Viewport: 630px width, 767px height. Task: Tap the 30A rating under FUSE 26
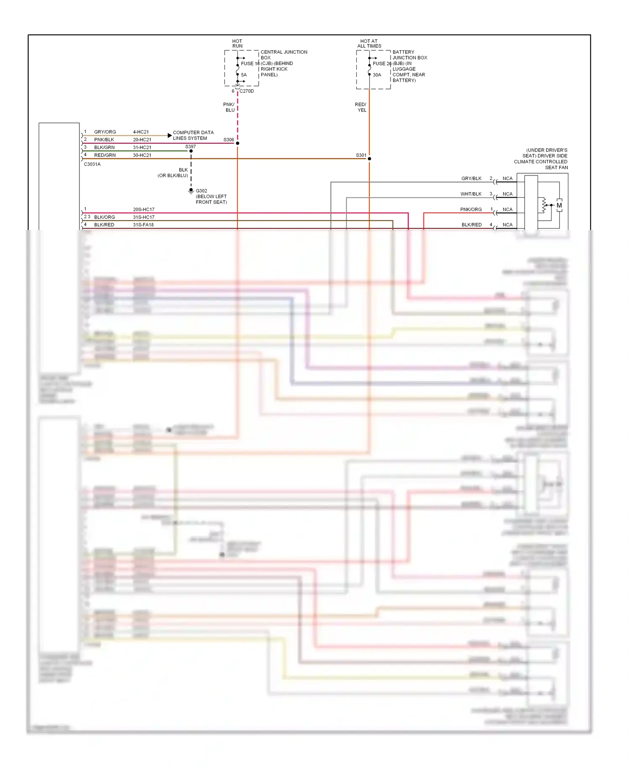377,75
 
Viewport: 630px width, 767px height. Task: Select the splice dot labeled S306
237,143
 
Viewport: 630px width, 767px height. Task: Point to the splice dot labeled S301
369,159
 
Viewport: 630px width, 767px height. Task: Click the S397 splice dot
191,151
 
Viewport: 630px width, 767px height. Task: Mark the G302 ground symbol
191,191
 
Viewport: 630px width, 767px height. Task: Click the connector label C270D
247,91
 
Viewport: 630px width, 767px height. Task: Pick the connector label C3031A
92,164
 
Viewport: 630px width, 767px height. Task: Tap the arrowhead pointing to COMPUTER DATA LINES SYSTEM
169,135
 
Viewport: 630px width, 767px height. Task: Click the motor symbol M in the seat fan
559,206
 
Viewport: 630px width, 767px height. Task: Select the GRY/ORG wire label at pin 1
105,132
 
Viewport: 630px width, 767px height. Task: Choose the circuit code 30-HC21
142,155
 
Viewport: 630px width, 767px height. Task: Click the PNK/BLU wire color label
229,107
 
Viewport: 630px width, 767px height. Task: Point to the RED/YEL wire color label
361,107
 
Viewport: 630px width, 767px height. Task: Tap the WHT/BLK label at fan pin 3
471,194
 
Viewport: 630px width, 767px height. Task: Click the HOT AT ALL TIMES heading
369,44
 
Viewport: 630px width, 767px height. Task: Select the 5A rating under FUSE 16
244,75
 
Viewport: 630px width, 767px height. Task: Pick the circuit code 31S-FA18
143,225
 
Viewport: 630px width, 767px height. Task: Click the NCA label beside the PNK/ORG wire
507,209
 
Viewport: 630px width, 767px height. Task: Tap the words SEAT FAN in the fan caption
556,167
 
